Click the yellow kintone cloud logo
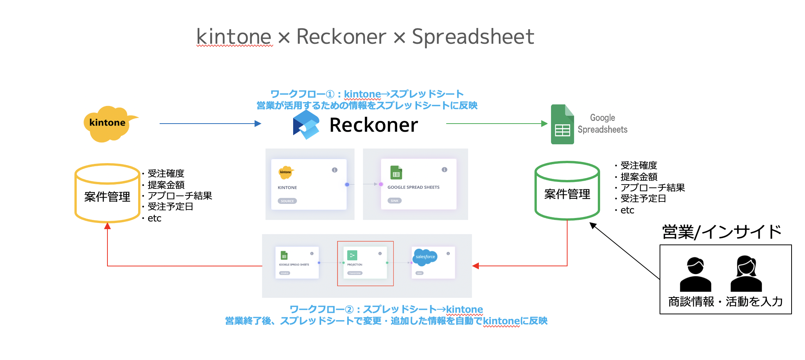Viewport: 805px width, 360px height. [108, 123]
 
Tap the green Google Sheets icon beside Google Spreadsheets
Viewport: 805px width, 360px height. [562, 125]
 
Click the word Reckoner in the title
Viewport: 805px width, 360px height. [341, 37]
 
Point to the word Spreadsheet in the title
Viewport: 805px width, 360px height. [473, 37]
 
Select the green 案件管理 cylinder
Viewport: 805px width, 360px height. [567, 191]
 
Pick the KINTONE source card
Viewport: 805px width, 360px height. [308, 184]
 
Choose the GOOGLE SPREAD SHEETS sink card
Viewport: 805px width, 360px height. [418, 184]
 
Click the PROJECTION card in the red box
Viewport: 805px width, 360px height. [365, 263]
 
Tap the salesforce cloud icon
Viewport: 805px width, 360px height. [425, 256]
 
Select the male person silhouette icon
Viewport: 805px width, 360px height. [695, 274]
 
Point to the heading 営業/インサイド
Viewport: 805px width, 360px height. [721, 232]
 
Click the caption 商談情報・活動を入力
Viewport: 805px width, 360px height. [725, 302]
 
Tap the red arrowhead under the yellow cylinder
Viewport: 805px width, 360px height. [107, 226]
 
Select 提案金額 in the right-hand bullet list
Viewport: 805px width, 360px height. [639, 177]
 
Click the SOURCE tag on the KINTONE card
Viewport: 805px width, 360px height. [287, 201]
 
